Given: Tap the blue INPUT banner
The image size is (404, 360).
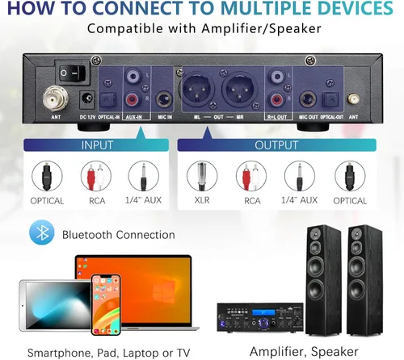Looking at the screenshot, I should coord(97,146).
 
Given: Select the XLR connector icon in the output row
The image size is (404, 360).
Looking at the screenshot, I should coord(203,177).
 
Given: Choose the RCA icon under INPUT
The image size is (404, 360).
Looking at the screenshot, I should coord(95,177).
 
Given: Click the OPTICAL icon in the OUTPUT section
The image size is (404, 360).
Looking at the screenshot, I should coord(349,177).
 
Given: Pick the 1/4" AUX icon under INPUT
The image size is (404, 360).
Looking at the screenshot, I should coord(144,177).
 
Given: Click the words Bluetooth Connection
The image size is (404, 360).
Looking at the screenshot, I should coord(119,235).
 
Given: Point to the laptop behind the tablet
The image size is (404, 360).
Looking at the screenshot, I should coord(137,278).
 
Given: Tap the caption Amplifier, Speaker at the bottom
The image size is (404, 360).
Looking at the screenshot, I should coord(304,351).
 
